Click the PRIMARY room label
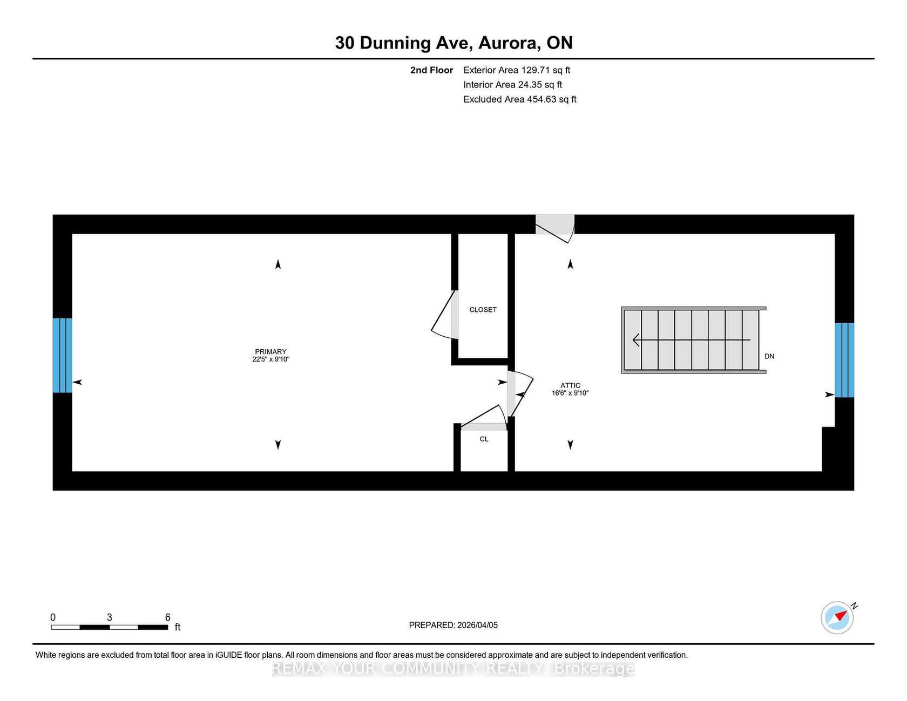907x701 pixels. point(270,351)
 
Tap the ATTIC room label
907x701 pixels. point(570,385)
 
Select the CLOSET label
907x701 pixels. point(483,310)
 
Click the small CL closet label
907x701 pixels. point(484,439)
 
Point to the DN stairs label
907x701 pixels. point(769,356)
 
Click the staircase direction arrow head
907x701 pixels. point(637,340)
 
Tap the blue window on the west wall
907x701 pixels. point(62,355)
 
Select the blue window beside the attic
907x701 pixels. point(844,360)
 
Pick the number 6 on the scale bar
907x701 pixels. point(168,617)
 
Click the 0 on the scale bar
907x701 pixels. point(53,617)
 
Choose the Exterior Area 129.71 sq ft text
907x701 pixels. point(517,70)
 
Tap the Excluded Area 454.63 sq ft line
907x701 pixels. point(520,99)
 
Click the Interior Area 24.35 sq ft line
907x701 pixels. point(513,85)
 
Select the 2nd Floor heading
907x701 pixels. point(431,70)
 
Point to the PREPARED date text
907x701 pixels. point(453,625)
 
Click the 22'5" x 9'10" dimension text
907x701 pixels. point(270,359)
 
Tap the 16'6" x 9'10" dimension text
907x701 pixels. point(570,393)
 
